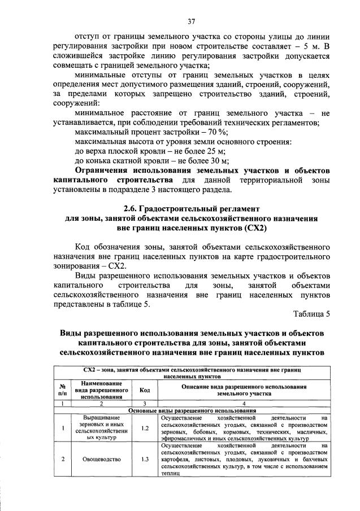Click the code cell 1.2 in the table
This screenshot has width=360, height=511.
[x=144, y=428]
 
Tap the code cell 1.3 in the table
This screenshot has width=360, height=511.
[x=144, y=459]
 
